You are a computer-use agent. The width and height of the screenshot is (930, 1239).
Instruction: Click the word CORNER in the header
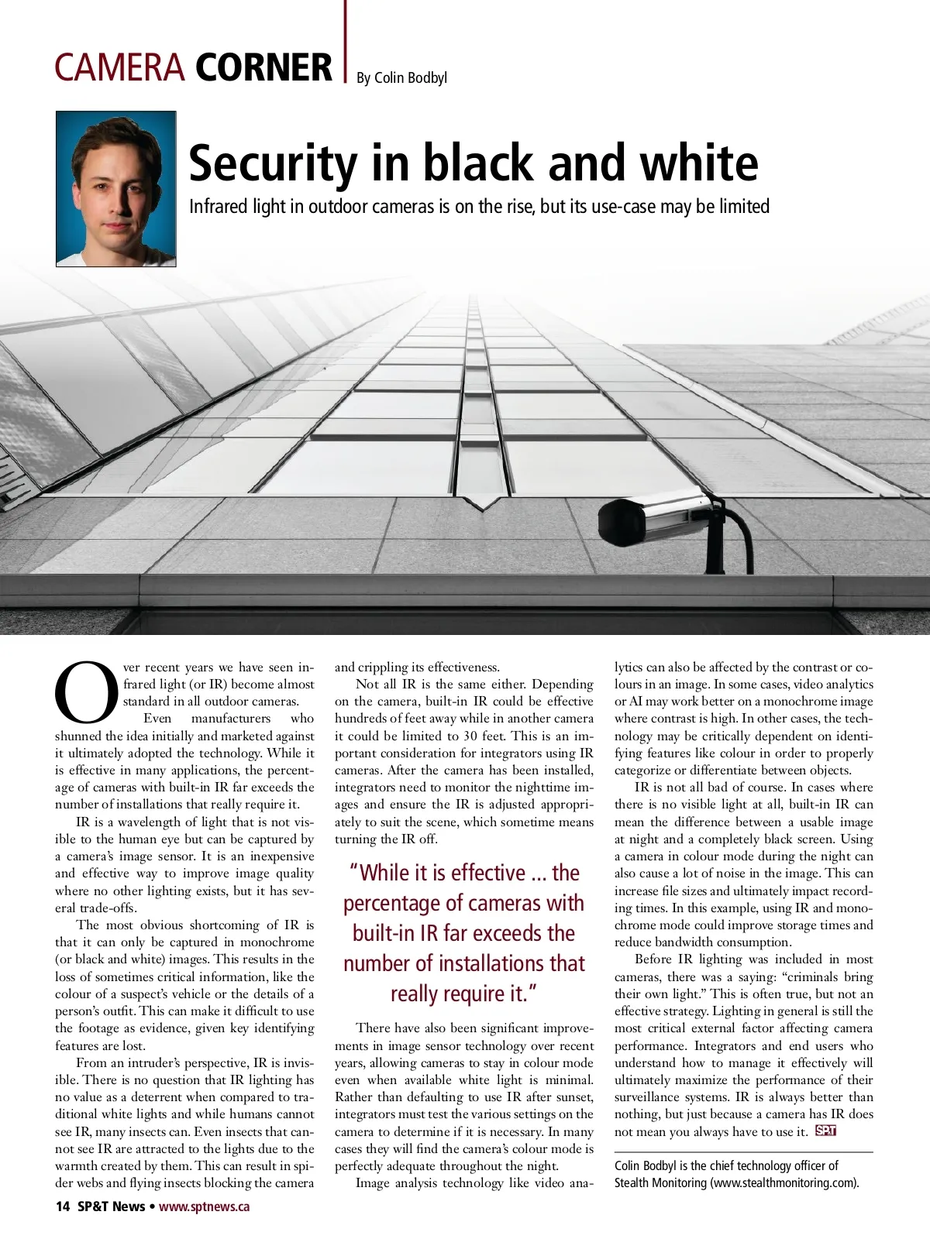(x=263, y=67)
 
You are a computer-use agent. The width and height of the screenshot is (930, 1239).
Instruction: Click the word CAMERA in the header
(x=119, y=67)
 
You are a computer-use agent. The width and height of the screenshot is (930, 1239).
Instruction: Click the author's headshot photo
(x=116, y=189)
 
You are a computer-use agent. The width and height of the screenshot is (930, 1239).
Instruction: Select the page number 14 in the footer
(x=62, y=1206)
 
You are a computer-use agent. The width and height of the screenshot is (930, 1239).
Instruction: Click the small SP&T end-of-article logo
(x=825, y=1131)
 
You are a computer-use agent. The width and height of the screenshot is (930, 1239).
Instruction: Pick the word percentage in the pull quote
(x=392, y=904)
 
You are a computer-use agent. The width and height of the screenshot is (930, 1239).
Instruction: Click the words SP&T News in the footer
(x=111, y=1206)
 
